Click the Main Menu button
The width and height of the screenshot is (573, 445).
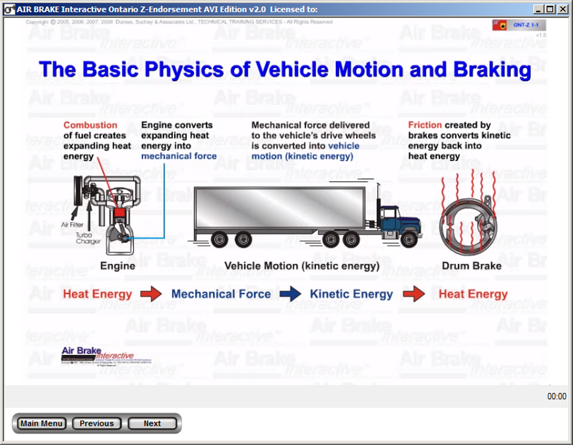[41, 423]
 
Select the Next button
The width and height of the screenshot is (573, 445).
[152, 423]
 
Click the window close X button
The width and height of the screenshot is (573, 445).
[563, 9]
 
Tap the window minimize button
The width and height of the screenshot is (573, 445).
[538, 9]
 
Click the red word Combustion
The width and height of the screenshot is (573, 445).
[90, 125]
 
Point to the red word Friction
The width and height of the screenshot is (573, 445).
[425, 125]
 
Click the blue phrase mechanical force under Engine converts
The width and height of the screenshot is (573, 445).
[179, 156]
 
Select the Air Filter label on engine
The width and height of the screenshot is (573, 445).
[72, 225]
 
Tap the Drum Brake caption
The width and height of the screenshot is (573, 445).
[471, 266]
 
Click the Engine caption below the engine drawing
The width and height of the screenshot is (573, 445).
[117, 266]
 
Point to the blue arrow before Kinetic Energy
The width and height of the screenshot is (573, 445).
[290, 294]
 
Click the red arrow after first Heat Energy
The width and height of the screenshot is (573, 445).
[151, 294]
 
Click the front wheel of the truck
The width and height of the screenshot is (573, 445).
[409, 240]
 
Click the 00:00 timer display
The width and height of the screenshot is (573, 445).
[557, 396]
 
